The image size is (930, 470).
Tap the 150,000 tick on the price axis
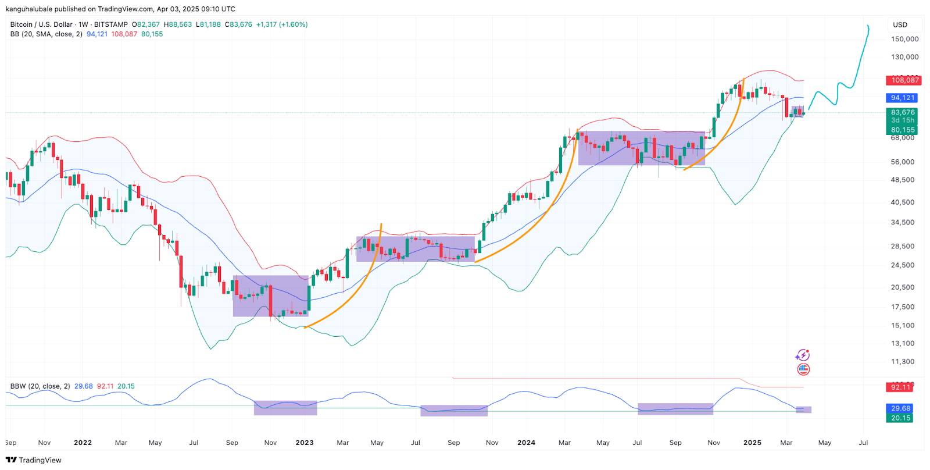[904, 39]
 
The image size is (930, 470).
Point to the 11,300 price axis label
[902, 361]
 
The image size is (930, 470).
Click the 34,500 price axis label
[902, 222]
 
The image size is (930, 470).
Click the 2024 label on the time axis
[526, 443]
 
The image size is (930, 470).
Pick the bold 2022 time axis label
[83, 443]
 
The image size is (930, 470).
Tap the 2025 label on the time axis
[752, 443]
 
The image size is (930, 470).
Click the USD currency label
[900, 24]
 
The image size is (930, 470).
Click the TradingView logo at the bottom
[34, 460]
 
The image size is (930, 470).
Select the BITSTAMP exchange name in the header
[110, 24]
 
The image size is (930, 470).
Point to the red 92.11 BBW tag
[901, 387]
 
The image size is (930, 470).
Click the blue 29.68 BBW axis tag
[901, 408]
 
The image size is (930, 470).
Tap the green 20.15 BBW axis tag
[901, 418]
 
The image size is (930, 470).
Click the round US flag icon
[803, 369]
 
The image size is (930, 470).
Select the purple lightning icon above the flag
[803, 355]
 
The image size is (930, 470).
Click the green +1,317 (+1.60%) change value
[282, 24]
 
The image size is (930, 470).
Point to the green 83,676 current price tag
[902, 112]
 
